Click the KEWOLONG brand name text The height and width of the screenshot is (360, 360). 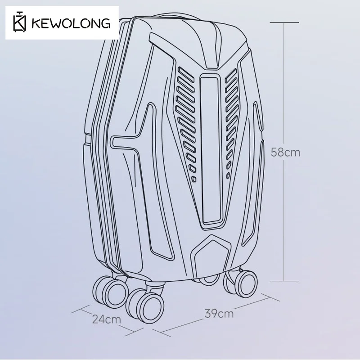(71, 23)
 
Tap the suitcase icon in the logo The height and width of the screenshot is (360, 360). (19, 22)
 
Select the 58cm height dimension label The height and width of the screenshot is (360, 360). (285, 152)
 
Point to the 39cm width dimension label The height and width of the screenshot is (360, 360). (219, 314)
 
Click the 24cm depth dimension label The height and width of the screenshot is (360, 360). (107, 319)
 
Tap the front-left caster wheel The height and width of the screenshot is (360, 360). (110, 292)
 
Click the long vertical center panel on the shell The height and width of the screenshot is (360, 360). (211, 149)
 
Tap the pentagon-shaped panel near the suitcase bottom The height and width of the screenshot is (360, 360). (211, 255)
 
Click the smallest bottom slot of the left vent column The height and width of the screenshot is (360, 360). (194, 179)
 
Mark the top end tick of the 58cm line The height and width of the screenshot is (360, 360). (284, 22)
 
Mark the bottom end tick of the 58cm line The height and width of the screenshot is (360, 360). (284, 281)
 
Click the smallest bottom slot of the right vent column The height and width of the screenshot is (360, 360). (228, 175)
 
